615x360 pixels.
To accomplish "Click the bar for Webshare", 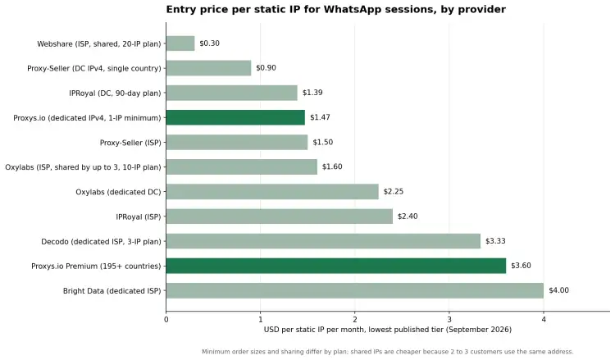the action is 180,43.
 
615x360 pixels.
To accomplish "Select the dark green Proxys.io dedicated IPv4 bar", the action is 235,117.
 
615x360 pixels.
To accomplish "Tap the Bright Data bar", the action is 355,290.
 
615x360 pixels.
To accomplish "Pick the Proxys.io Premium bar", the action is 336,266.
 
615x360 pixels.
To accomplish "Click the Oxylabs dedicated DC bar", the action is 272,192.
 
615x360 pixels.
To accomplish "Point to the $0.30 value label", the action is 209,43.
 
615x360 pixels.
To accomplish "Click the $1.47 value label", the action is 320,117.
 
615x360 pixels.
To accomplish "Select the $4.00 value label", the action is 558,290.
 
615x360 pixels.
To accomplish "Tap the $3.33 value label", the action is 495,241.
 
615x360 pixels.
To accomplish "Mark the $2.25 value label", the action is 394,191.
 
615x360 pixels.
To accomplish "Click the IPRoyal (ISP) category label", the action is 139,216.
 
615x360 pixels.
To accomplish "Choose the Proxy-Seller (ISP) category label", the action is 130,143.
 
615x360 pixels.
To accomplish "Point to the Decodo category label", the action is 101,242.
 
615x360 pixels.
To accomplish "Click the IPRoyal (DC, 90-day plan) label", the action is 115,93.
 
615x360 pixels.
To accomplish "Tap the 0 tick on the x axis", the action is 166,320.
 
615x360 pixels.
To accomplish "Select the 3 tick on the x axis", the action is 449,320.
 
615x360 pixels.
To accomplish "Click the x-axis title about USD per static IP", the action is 388,330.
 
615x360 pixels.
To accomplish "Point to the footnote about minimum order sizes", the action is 388,351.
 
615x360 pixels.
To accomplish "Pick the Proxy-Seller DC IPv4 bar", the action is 208,68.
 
